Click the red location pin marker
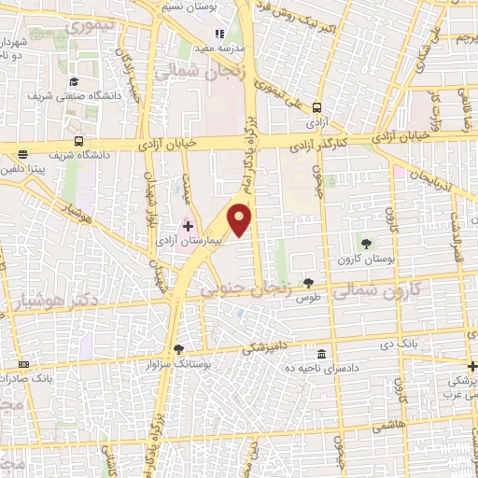pos(241,218)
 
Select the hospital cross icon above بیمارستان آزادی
pos(187,225)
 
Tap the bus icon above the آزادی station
pos(317,106)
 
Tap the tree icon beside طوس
pos(309,283)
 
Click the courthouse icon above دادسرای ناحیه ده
pos(321,355)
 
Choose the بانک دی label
pos(398,346)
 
